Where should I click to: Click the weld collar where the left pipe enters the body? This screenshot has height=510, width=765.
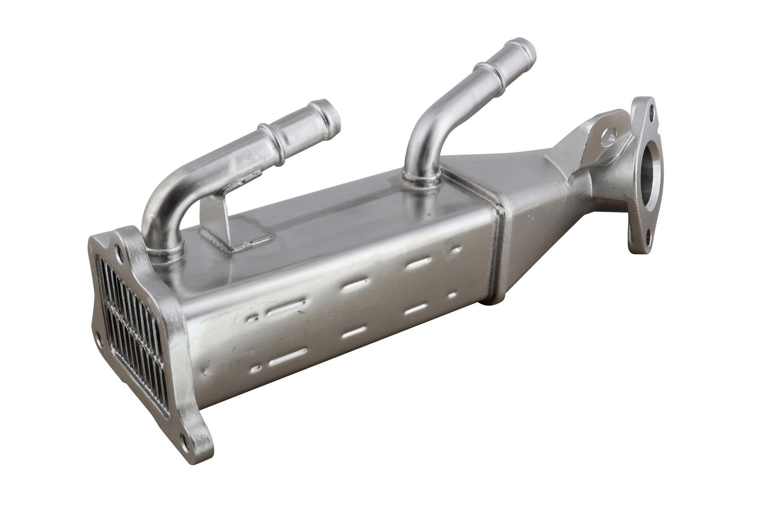(164, 253)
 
